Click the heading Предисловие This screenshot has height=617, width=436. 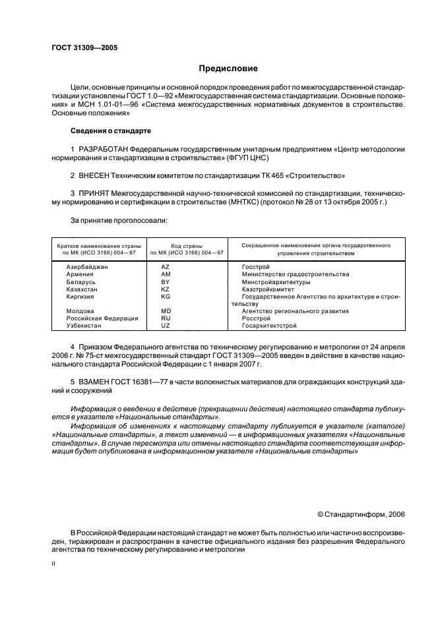(x=228, y=69)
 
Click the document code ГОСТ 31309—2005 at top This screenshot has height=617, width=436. (x=84, y=48)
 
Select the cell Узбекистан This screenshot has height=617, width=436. (x=84, y=326)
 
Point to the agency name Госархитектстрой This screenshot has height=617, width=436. (x=269, y=326)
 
